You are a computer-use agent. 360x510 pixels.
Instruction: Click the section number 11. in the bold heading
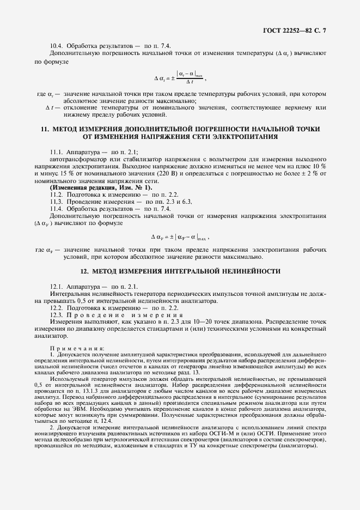coord(45,129)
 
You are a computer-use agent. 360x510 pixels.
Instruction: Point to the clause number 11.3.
coord(57,201)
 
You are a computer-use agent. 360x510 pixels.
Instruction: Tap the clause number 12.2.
coord(57,308)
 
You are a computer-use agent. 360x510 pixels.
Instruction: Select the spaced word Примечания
coord(78,348)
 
